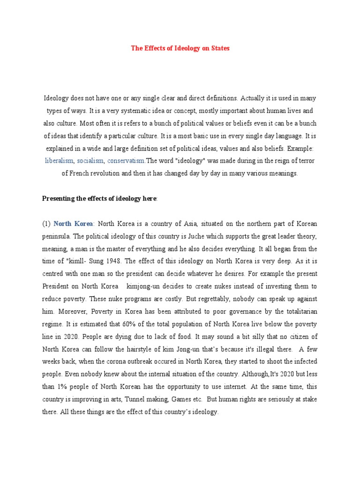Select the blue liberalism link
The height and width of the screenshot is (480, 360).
coord(59,161)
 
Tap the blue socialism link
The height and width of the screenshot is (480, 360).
coord(90,161)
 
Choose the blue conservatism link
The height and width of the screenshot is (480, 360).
coord(126,161)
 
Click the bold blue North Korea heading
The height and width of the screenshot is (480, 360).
coord(73,224)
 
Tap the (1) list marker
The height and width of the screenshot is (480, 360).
coord(46,224)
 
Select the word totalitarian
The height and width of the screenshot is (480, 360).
coord(297,311)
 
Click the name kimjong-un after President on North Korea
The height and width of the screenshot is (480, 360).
coord(148,286)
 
